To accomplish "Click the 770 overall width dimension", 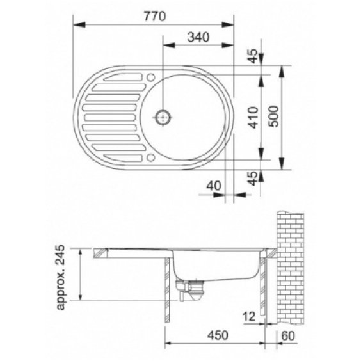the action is [154, 17].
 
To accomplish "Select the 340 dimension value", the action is [198, 37].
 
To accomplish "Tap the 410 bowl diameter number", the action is [253, 117].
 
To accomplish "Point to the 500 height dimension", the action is [274, 116].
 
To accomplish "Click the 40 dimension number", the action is [214, 186].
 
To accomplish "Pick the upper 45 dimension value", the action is [253, 56].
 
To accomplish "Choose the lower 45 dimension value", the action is [253, 178].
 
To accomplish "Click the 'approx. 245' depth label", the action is [61, 277].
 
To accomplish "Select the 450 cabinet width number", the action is [218, 335].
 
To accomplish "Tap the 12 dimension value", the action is [250, 317].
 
